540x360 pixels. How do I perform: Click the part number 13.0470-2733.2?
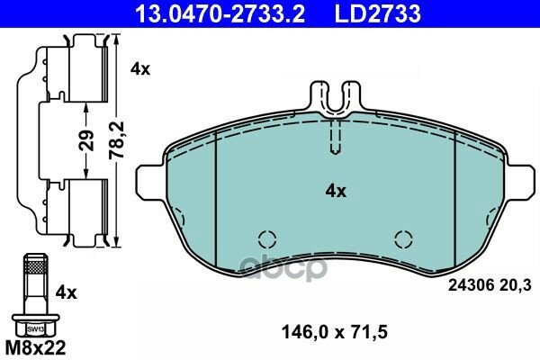[220, 14]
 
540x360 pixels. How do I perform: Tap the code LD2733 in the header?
[377, 14]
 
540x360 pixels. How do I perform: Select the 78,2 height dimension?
[116, 139]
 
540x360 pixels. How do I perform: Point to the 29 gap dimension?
[86, 139]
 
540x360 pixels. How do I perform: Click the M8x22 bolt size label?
[35, 348]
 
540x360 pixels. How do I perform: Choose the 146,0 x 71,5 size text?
[335, 332]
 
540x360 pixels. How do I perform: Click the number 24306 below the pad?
[471, 285]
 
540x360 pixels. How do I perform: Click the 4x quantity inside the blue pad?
[336, 191]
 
